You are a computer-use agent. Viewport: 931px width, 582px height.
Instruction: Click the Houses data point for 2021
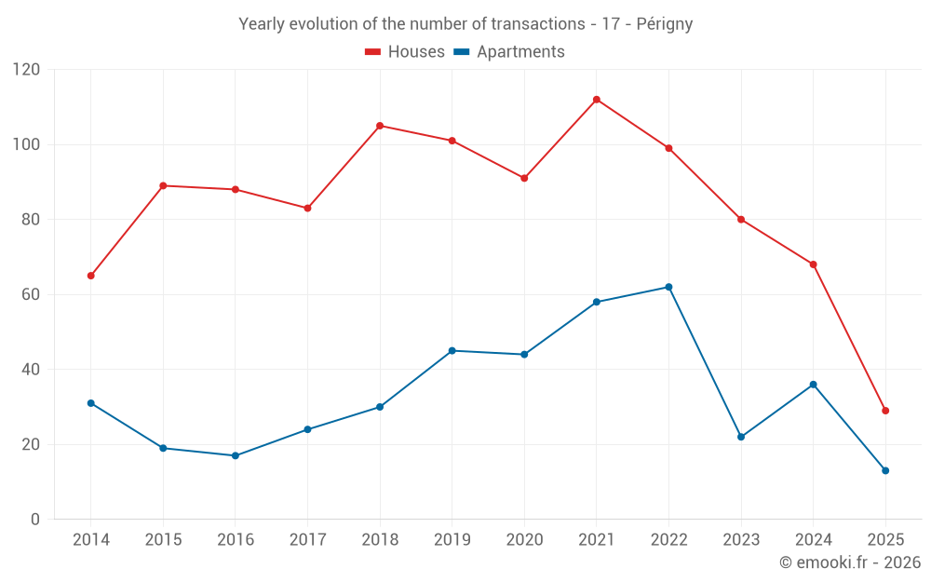click(597, 100)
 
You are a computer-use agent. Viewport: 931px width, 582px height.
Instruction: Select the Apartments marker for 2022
click(668, 287)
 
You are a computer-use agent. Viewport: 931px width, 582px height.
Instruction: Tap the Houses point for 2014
click(91, 276)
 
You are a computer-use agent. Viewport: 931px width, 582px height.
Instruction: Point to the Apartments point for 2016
click(236, 455)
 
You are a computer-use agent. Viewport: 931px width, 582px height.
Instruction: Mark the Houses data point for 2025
click(885, 411)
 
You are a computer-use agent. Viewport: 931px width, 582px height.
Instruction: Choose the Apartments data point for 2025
click(885, 470)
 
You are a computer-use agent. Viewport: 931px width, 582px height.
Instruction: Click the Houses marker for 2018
click(380, 126)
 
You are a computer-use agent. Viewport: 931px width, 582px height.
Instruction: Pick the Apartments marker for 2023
click(741, 437)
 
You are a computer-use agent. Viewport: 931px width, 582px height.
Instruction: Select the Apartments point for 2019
click(452, 350)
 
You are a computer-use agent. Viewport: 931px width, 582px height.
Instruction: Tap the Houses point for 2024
click(813, 264)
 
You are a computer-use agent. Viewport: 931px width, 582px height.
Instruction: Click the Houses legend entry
click(405, 52)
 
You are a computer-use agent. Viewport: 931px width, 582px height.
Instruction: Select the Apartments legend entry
click(509, 52)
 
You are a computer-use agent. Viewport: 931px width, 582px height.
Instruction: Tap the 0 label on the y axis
click(36, 519)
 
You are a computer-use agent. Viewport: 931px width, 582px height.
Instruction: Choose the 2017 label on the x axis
click(307, 540)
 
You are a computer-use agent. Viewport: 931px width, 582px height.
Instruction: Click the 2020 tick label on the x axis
click(524, 540)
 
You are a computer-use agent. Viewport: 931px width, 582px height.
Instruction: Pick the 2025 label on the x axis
click(885, 540)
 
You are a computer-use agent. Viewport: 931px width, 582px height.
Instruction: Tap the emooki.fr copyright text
click(850, 562)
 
